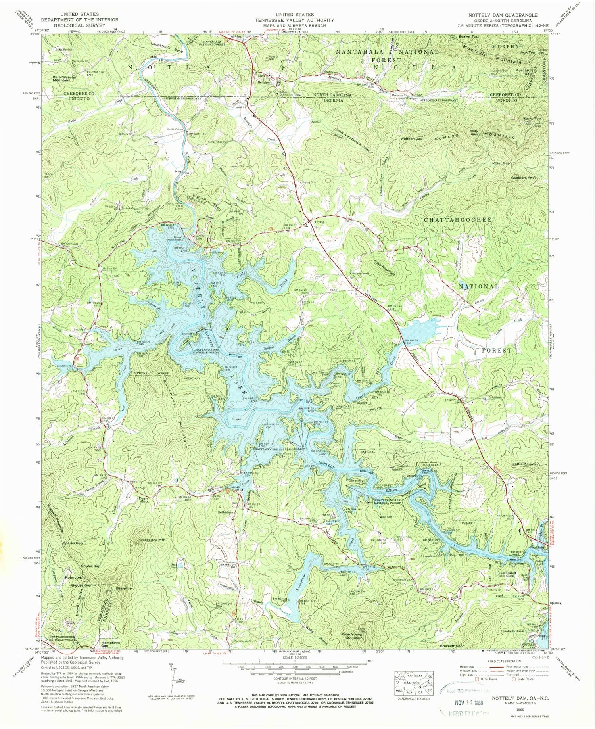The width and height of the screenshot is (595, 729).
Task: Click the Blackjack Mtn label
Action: (153, 540)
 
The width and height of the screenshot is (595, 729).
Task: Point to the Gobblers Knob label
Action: (524, 178)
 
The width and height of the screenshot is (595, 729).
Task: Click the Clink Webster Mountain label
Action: (64, 79)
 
